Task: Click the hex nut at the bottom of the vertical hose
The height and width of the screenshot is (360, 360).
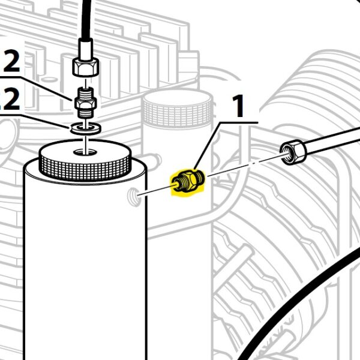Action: tap(85, 67)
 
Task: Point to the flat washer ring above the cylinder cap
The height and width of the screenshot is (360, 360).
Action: tap(85, 129)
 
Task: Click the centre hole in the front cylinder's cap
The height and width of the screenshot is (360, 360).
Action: tap(85, 152)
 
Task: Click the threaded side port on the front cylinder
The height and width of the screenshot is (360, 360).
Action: tap(133, 196)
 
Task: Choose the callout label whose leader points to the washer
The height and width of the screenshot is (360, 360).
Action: tap(10, 100)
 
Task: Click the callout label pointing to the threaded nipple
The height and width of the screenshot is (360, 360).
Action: tap(11, 62)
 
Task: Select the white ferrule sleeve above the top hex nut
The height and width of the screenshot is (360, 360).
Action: tap(85, 49)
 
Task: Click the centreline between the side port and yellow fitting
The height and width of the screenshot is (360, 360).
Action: tap(157, 190)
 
